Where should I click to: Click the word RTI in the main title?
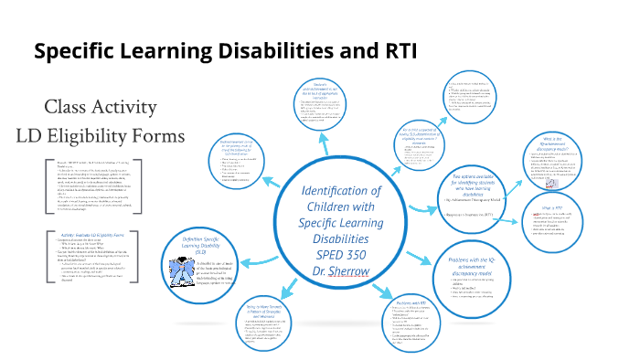pos(395,51)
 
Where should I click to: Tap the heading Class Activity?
pos(101,107)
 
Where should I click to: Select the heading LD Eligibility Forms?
pos(101,136)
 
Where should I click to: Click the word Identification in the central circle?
pos(341,190)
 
